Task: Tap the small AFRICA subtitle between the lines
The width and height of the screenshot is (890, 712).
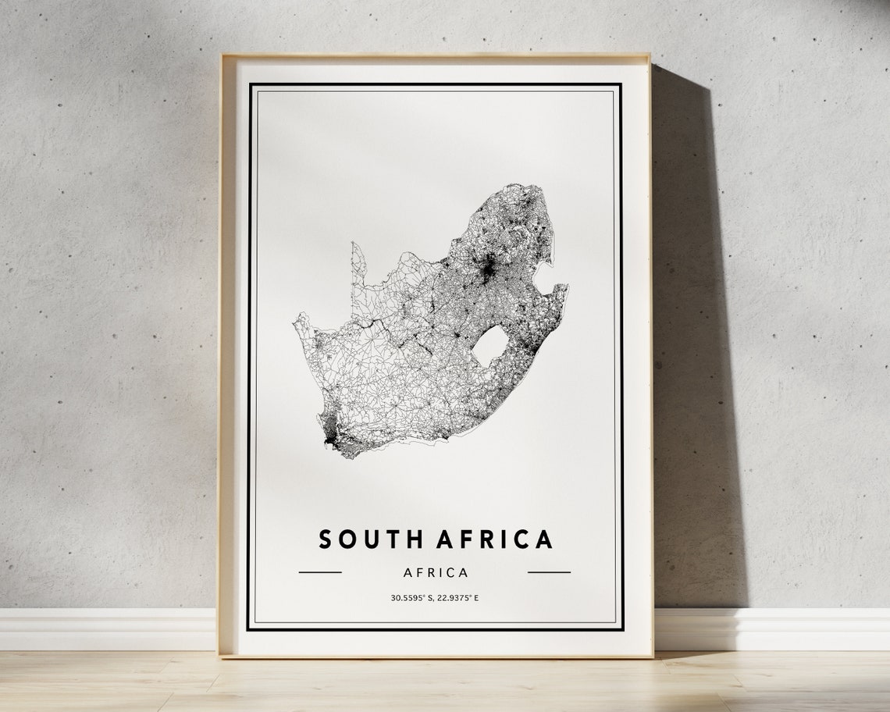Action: (x=436, y=572)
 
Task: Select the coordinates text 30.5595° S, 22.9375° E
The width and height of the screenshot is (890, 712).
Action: (x=435, y=599)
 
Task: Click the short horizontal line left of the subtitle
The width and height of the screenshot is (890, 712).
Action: (x=320, y=572)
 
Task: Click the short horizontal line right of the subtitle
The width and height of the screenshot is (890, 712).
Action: (x=549, y=572)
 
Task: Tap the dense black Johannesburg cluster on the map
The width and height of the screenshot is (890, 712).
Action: (x=488, y=269)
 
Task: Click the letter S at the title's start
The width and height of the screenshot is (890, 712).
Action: (x=324, y=539)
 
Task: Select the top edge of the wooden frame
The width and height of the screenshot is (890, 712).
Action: (x=435, y=57)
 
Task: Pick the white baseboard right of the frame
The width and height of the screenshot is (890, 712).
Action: (x=773, y=628)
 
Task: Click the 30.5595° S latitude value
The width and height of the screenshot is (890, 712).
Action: (x=412, y=599)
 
